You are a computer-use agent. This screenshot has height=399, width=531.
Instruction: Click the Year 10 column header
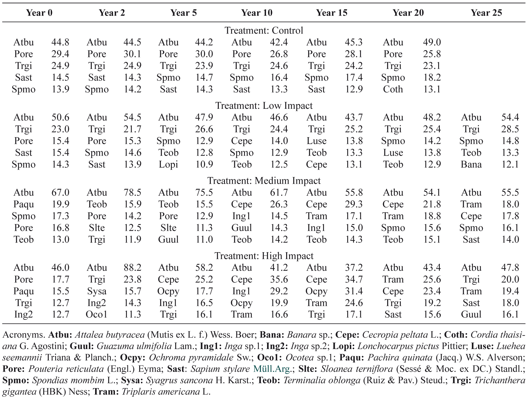coord(257,13)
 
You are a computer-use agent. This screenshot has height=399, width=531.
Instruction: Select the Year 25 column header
coord(486,13)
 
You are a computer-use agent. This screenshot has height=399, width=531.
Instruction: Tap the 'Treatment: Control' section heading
coord(264,30)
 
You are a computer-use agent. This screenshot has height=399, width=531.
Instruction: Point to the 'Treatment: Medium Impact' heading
coord(264,181)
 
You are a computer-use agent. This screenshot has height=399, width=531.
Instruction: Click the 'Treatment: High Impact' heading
coord(264,256)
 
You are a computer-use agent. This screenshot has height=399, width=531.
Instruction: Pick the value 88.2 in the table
coord(132,268)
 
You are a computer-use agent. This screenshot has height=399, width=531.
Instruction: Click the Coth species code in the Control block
coord(393,89)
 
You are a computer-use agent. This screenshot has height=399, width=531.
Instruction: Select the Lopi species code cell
coord(168,164)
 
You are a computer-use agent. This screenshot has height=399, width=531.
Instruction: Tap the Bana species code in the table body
coord(471,164)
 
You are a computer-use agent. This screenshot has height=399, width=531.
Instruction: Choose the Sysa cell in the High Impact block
coord(97,291)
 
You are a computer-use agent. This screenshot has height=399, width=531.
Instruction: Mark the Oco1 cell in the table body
coord(97,314)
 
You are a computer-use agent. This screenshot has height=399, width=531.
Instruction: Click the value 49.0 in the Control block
coord(432,42)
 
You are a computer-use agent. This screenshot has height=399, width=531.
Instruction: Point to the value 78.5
coord(132,192)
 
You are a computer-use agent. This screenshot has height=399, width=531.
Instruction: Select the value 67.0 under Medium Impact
coord(60,192)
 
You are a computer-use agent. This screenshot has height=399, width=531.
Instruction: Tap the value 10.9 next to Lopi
coord(204,164)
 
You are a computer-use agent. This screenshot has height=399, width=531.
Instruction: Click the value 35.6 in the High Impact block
coord(279,279)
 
